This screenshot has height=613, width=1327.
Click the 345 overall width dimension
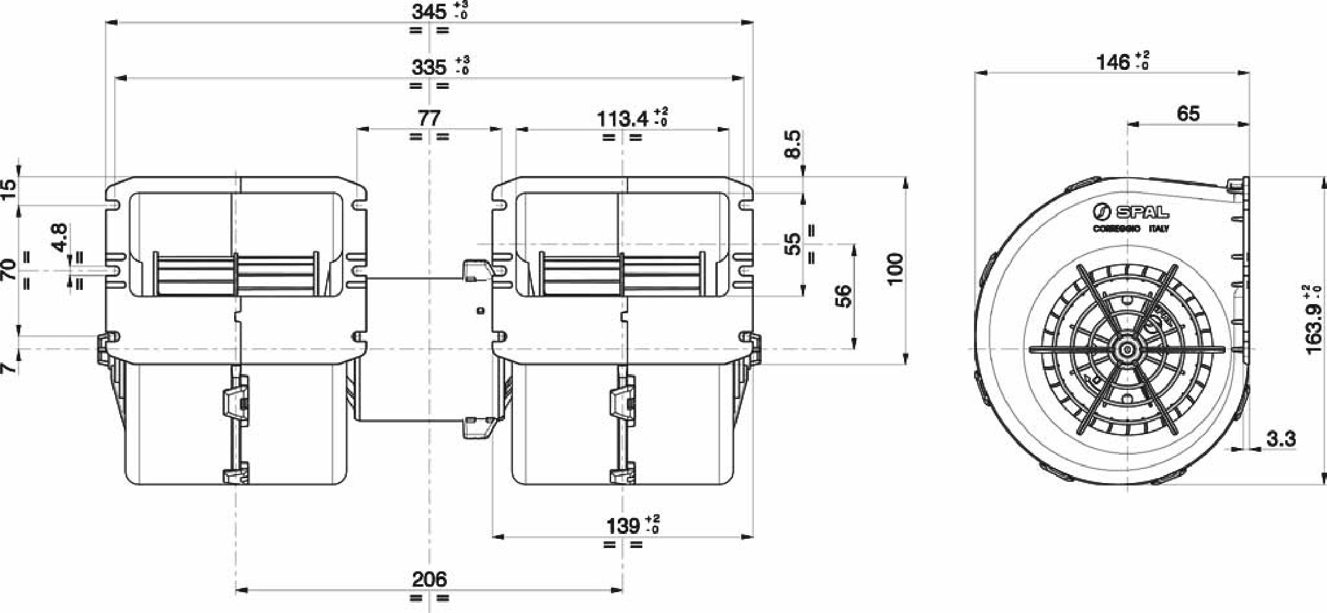point(430,12)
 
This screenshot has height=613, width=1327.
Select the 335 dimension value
point(430,67)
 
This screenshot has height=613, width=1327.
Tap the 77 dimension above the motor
point(429,118)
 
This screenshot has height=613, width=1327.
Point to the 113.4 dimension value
point(623,118)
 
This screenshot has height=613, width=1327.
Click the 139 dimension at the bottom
point(623,526)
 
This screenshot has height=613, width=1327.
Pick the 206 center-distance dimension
point(429,579)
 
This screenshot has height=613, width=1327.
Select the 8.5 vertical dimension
point(793,144)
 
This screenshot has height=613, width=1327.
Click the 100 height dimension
point(895,268)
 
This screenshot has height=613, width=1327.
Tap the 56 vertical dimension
point(844,296)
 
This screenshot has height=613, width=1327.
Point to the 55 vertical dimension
point(793,244)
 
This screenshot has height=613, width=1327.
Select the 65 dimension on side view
point(1188,113)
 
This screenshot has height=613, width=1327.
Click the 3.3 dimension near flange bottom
point(1280,439)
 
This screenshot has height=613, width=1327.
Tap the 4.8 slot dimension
point(59,237)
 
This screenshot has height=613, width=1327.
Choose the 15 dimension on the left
point(9,189)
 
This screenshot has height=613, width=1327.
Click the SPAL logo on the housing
point(1131,212)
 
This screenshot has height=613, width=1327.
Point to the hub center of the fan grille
point(1127,349)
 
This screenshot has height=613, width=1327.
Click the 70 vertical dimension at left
point(9,270)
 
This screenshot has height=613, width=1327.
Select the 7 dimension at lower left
point(9,367)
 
